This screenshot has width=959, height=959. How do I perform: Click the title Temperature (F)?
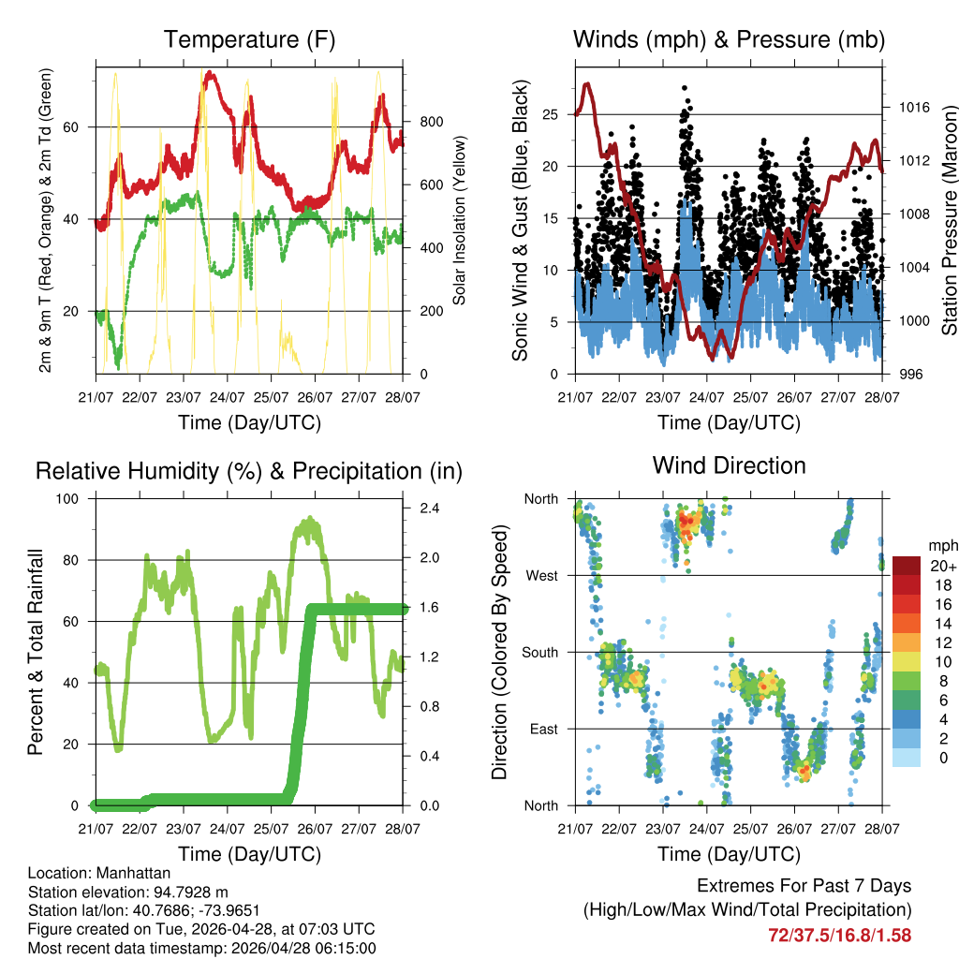point(249,39)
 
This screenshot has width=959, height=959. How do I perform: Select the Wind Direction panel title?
point(729,465)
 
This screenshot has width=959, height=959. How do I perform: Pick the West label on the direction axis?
point(542,575)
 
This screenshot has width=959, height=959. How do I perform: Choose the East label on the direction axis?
point(543,729)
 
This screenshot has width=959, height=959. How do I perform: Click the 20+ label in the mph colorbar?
point(943,566)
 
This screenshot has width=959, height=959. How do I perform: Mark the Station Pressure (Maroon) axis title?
point(948,221)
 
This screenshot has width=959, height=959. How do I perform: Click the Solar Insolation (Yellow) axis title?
point(460,221)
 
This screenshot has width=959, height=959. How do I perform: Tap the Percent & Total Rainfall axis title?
point(36,652)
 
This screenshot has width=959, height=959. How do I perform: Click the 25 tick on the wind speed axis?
point(551,115)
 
